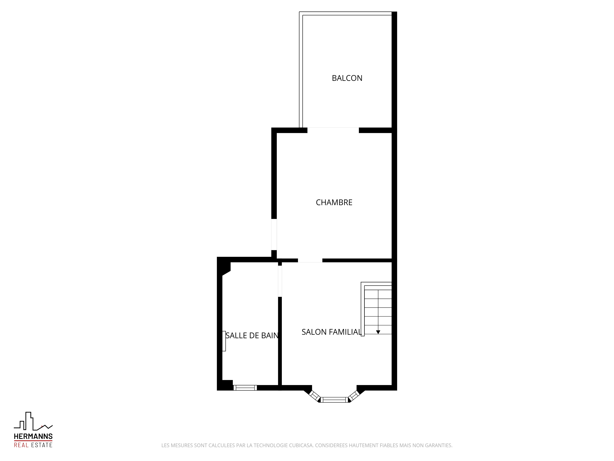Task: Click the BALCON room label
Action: (347, 78)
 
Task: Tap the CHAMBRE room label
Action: (334, 202)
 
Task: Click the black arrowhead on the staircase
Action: (378, 332)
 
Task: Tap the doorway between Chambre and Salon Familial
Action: (310, 260)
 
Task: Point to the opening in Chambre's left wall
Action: (274, 234)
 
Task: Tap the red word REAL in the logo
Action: (21, 445)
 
